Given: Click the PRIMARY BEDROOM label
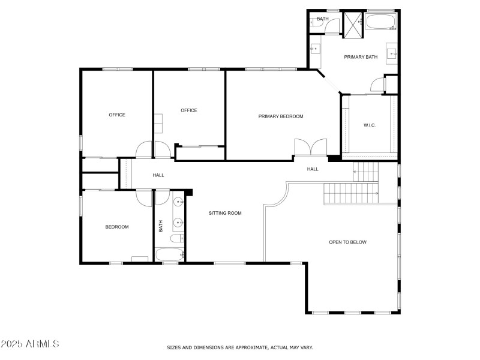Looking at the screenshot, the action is point(281,116).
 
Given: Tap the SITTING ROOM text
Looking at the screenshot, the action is point(225,213).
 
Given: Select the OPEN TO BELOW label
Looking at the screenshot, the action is point(347,242).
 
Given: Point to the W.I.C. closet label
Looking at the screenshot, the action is point(370,125).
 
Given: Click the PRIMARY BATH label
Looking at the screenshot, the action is point(361,57).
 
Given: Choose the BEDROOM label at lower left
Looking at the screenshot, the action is point(117,227).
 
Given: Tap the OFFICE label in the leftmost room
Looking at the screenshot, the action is point(117,115).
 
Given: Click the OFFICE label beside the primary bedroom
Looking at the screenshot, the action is point(189,110).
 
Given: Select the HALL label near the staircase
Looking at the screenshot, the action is point(313,169).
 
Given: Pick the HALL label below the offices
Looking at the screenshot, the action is point(158,175).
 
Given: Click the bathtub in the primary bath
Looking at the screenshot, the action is point(381,22).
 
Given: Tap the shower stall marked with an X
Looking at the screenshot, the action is point(353,25).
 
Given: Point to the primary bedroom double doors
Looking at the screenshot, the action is point(311,148).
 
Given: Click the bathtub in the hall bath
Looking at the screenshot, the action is point(170,254).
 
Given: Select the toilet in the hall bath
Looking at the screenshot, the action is point(177,238).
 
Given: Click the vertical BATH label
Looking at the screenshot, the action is point(161,226).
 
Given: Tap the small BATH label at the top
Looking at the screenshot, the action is point(323,19).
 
